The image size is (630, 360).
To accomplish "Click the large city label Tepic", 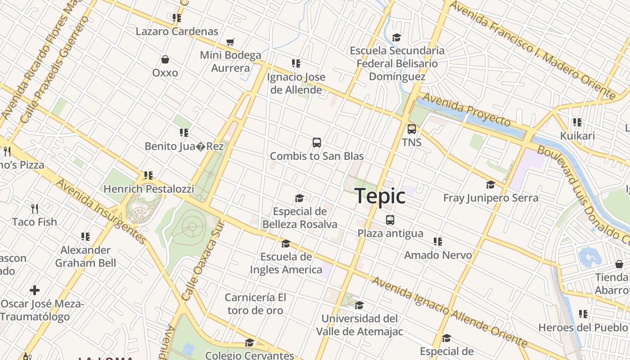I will (x=380, y=196).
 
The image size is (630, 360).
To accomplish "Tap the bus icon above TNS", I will (x=411, y=129).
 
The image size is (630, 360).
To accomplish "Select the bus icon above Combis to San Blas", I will (x=317, y=143).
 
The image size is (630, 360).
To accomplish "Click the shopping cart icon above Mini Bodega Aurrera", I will (x=230, y=42).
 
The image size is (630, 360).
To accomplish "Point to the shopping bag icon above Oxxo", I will (x=165, y=59).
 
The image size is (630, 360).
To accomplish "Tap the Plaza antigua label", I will (x=390, y=233).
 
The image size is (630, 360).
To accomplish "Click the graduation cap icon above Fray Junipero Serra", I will (x=490, y=184).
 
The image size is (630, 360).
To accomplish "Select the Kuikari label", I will (x=577, y=135).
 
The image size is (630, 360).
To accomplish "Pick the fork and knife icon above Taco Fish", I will (x=35, y=208).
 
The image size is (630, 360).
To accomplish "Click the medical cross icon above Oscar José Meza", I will (x=35, y=290).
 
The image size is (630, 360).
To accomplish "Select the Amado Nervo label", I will (x=438, y=255).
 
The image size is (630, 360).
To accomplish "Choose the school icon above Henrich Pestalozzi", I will (x=148, y=175).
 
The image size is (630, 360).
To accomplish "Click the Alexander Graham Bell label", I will (x=85, y=256).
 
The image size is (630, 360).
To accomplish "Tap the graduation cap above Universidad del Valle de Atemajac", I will (x=359, y=306).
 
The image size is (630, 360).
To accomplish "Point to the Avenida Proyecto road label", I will (x=466, y=110).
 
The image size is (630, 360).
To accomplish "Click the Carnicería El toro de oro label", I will (x=255, y=304).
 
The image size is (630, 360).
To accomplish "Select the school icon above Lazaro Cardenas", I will (x=177, y=18).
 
